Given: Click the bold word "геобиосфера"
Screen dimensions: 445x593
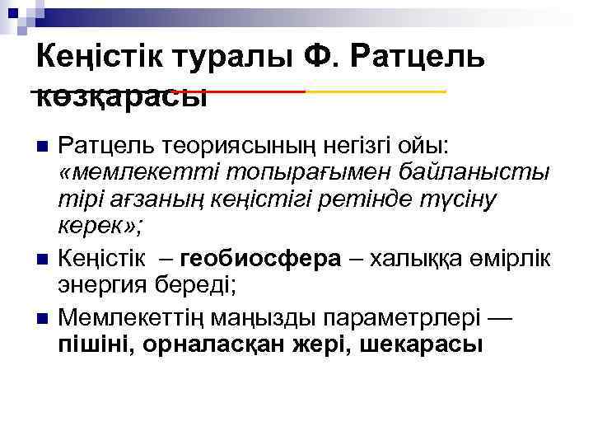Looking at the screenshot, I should click(260, 259).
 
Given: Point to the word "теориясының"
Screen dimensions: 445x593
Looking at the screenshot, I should click(218, 147).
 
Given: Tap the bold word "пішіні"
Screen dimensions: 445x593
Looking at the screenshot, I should click(95, 344).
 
